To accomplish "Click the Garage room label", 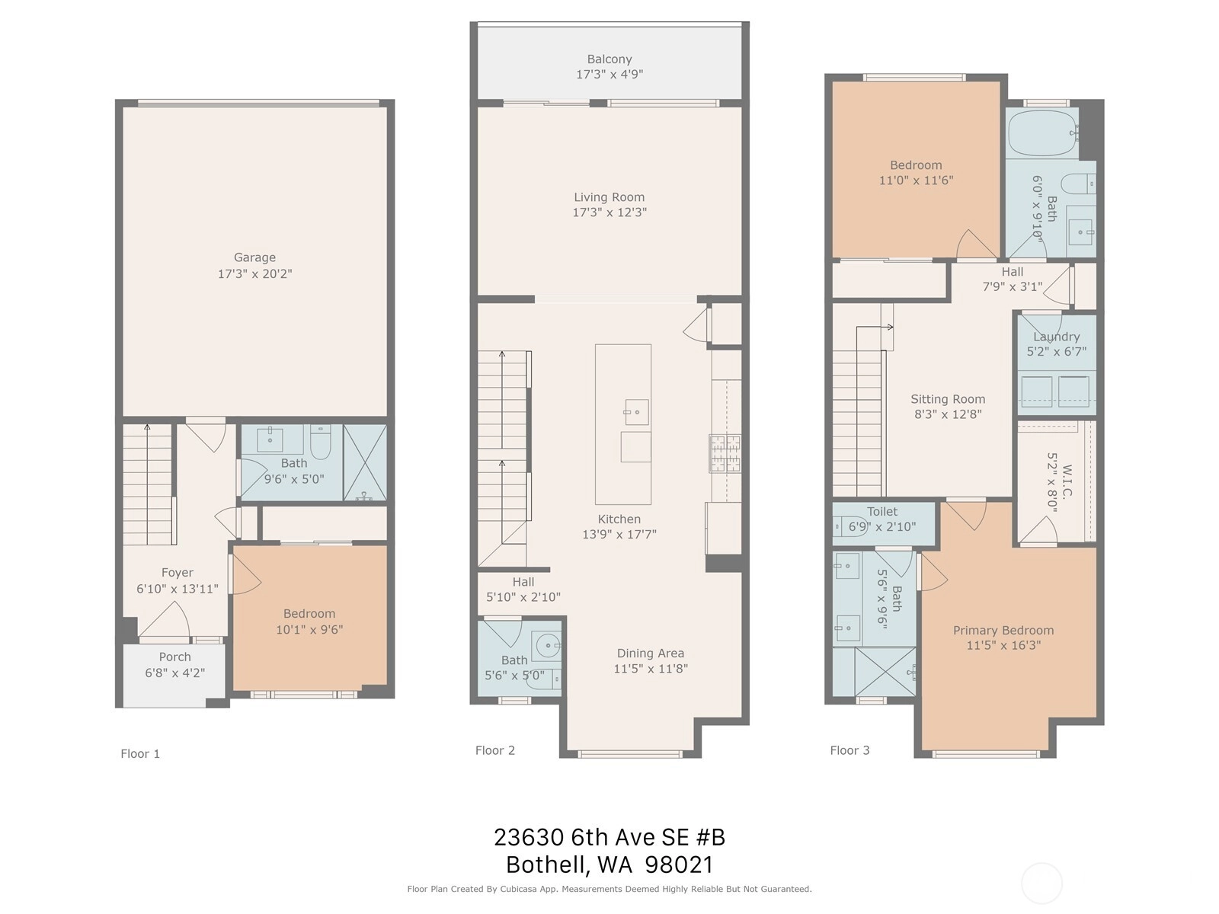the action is [x=254, y=257].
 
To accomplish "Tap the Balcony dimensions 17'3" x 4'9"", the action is [x=609, y=75].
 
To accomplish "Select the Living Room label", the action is [x=609, y=197].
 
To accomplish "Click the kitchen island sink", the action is [x=636, y=412].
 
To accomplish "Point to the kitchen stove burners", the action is [x=725, y=453].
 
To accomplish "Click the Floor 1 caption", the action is [x=140, y=753].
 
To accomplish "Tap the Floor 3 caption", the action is [x=849, y=750].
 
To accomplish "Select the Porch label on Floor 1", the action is [x=175, y=657].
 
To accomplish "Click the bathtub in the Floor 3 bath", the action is [x=1041, y=132].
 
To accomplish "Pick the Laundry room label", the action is [x=1056, y=337].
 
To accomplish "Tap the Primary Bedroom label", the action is [x=1003, y=631].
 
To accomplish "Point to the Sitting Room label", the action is [x=948, y=399].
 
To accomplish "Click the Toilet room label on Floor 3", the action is [x=882, y=512].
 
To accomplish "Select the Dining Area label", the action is [x=651, y=654].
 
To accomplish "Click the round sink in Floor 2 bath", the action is [x=549, y=645].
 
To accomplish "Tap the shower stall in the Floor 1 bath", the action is [x=365, y=463].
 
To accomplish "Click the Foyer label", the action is [x=178, y=573].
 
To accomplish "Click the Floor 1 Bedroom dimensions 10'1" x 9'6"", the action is [x=309, y=629].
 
